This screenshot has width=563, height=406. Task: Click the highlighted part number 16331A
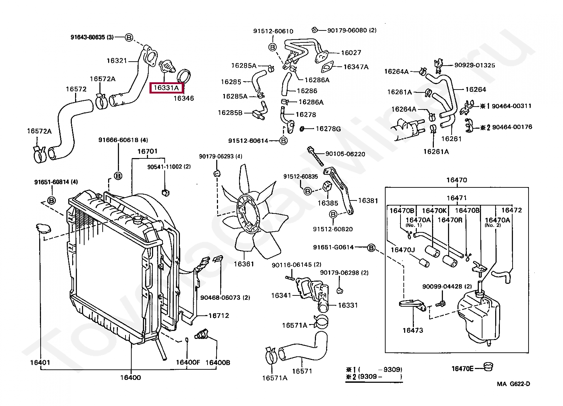[167, 88]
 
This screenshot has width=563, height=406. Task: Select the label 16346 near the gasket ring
[184, 98]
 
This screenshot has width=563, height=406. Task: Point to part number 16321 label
[116, 61]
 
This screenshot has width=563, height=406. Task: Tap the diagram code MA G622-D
[513, 384]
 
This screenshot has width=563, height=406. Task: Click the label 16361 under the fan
[244, 264]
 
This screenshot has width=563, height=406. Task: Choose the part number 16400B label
[218, 362]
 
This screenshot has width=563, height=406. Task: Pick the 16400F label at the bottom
[188, 362]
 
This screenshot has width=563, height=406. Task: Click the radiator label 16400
[131, 377]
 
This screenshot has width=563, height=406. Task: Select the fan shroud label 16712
[219, 315]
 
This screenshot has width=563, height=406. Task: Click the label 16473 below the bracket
[413, 330]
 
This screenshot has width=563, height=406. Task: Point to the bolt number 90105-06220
[345, 154]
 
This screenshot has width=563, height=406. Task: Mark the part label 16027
[351, 53]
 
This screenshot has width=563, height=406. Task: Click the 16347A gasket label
[356, 67]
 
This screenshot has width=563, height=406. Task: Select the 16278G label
[328, 129]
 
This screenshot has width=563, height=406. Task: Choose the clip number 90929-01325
[474, 65]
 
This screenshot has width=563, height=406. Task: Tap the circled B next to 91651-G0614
[371, 248]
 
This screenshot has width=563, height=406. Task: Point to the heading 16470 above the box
[457, 180]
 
